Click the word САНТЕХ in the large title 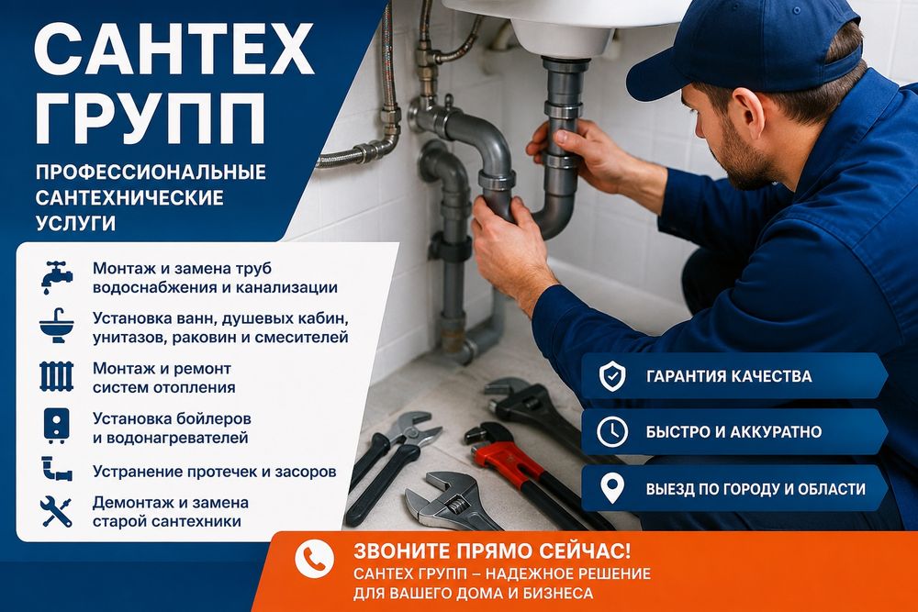click(174, 49)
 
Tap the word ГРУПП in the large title click(150, 118)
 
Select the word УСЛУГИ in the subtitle click(75, 223)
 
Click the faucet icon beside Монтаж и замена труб click(57, 277)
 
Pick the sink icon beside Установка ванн click(57, 326)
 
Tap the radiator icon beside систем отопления click(57, 376)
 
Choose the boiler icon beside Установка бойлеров click(57, 426)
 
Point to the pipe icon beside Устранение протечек click(56, 469)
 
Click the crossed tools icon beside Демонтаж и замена click(56, 511)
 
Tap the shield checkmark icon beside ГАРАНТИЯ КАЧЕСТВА click(612, 375)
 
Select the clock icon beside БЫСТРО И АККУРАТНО click(612, 432)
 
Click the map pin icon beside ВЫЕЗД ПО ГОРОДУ click(612, 488)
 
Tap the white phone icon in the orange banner click(314, 559)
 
